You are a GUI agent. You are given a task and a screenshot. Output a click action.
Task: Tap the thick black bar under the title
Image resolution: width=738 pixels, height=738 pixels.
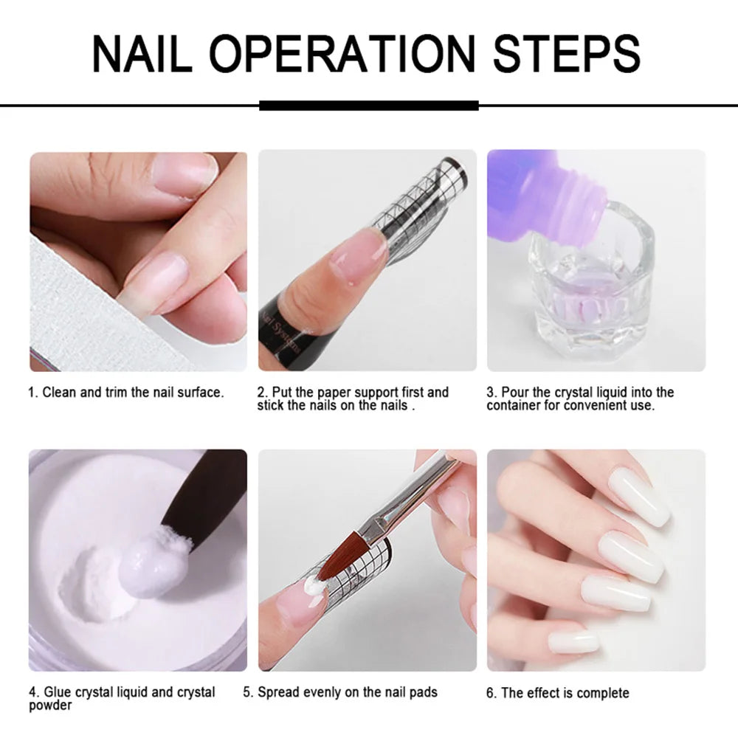[369, 106]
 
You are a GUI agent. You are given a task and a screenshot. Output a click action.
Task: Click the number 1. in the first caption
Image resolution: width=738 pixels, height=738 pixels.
[33, 393]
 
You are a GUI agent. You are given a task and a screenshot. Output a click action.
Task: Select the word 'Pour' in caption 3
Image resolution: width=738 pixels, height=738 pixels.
[515, 393]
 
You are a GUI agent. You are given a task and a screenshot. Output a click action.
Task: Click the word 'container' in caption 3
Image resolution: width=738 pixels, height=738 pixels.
[514, 406]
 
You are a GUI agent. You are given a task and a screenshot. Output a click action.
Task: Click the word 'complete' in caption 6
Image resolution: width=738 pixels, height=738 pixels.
[603, 693]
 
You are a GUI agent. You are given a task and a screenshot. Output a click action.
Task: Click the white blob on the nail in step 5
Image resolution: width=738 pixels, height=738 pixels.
[316, 587]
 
